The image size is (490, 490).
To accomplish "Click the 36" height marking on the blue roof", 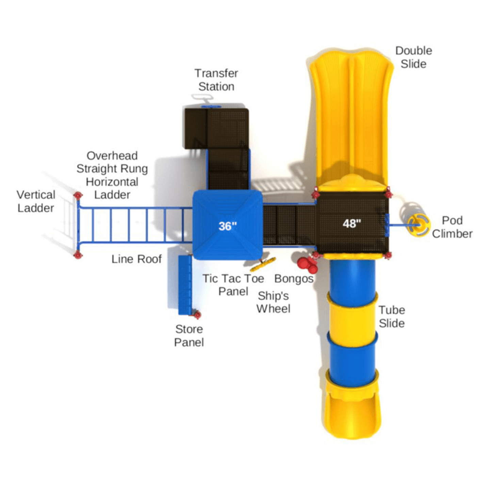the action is tap(228, 226).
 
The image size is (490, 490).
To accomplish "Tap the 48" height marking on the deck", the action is tap(352, 224).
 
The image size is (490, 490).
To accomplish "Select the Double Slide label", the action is tap(413, 57).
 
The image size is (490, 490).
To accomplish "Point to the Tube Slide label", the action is tap(392, 316).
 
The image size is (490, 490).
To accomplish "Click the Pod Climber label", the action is tap(452, 227).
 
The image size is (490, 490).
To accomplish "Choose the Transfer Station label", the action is tap(216, 80).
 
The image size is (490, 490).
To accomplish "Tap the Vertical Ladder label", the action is tap(36, 201).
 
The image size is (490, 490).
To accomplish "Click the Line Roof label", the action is tap(136, 259).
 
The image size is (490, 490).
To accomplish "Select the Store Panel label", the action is tap(189, 336).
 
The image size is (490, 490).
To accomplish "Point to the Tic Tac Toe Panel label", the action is tap(233, 285).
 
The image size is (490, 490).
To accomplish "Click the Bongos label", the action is tap(294, 279).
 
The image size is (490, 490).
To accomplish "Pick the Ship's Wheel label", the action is tap(273, 302).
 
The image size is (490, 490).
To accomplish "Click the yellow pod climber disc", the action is tap(418, 225).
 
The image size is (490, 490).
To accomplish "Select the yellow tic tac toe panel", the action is tap(263, 264).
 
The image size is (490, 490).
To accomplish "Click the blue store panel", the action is tap(185, 285).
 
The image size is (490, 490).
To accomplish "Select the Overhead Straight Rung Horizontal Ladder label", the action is tap(112, 175).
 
